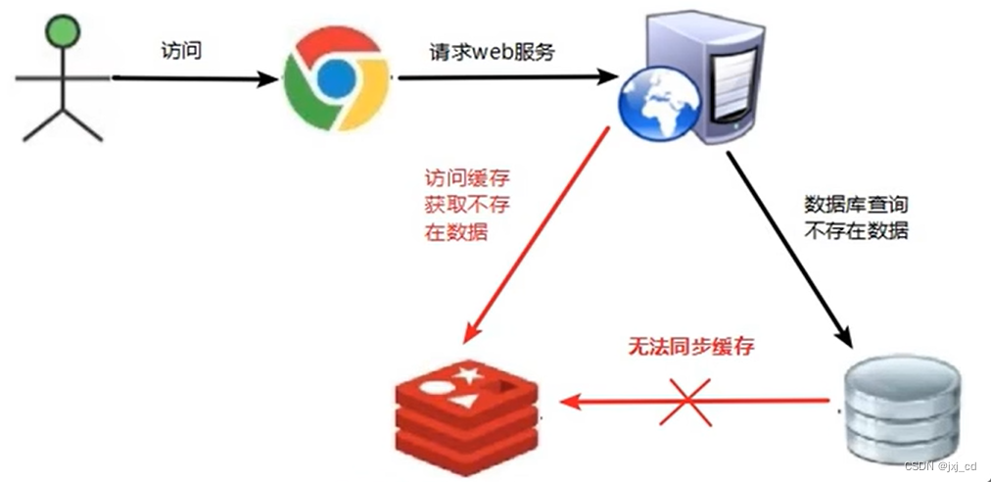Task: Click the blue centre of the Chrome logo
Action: point(335,76)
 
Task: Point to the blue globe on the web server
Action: point(651,104)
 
